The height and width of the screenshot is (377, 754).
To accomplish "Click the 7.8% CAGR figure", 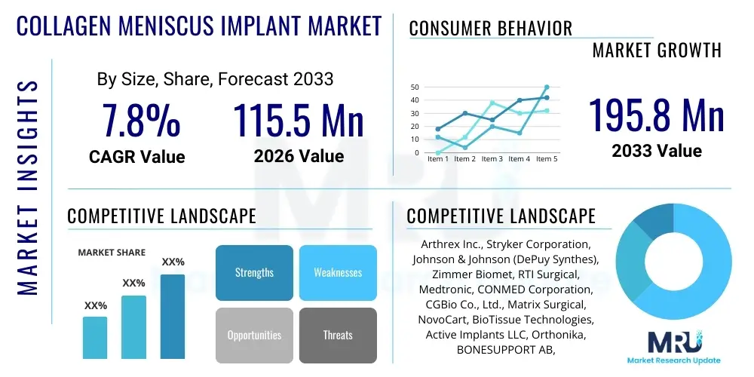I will tap(141, 120).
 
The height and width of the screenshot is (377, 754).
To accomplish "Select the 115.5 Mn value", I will tap(299, 120).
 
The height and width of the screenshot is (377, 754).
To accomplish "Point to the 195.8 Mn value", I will tap(656, 115).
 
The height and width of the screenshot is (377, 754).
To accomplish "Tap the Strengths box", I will tap(254, 272).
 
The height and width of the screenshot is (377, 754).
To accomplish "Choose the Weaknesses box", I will tap(337, 272).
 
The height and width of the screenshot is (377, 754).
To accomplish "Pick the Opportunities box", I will tap(254, 335).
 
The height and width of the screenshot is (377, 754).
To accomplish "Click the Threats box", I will tap(337, 335).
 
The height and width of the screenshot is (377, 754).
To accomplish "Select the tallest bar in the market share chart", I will tap(173, 316).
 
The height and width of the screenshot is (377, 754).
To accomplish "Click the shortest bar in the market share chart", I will tap(95, 337).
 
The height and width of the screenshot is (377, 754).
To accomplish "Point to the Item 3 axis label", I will tap(492, 159).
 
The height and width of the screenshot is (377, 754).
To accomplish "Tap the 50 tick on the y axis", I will tap(414, 87).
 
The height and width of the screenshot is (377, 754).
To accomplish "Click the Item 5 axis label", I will tap(546, 159).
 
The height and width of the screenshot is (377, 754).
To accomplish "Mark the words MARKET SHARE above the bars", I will tap(112, 253).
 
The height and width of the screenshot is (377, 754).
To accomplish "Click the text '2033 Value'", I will tap(656, 151).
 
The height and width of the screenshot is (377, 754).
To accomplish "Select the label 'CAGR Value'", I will tap(137, 157).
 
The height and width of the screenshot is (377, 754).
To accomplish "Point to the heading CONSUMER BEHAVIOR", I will tap(491, 29).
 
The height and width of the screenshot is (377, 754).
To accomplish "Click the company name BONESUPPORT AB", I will tap(499, 350).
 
